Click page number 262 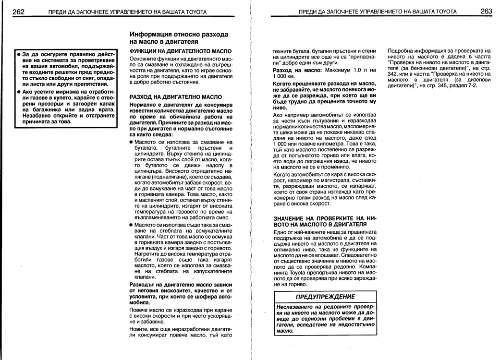(x=19, y=11)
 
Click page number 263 (x=486, y=11)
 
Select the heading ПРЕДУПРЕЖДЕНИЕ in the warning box (x=325, y=297)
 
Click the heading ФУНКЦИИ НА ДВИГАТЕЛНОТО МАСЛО (x=181, y=51)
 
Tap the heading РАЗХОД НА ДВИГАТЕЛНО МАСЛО (x=169, y=96)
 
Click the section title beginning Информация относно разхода (x=179, y=35)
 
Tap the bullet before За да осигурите (x=18, y=54)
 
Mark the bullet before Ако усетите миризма (x=18, y=91)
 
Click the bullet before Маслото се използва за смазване (x=132, y=142)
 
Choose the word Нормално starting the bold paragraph (x=144, y=105)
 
